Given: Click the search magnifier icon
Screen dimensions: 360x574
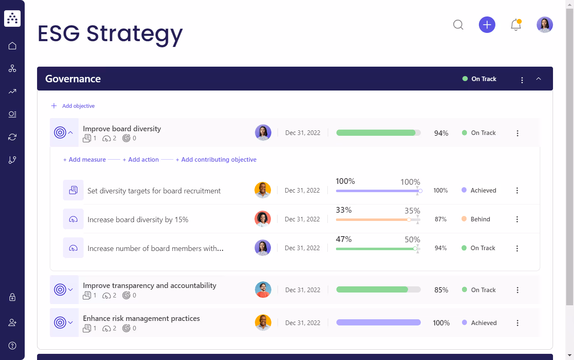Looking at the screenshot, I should point(458,25).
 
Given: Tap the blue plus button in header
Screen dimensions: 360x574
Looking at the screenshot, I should point(487,25).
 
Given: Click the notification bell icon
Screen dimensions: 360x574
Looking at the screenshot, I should point(516,25).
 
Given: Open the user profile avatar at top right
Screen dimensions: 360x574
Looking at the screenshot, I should point(544,25).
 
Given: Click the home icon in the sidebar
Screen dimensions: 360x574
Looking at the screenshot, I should point(12,46).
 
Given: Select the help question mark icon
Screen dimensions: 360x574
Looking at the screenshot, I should point(12,346).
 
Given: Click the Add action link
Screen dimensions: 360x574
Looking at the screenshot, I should point(141,160).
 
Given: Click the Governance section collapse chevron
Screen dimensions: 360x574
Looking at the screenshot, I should point(538,79).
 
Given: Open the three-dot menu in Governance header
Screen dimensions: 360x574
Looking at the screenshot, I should point(522,80).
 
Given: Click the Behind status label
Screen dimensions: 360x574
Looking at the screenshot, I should point(480,219).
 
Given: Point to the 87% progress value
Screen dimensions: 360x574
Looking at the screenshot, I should point(441,219).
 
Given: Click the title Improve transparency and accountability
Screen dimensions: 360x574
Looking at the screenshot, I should point(149,286).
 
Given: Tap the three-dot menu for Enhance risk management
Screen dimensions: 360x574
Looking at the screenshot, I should point(517,323).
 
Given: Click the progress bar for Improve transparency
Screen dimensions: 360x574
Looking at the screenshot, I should point(378,290).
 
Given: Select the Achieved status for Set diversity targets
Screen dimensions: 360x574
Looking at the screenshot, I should point(483,190).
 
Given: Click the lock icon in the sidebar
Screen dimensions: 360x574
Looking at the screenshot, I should point(12,297).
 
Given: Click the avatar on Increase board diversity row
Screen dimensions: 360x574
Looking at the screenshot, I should point(263,219).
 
